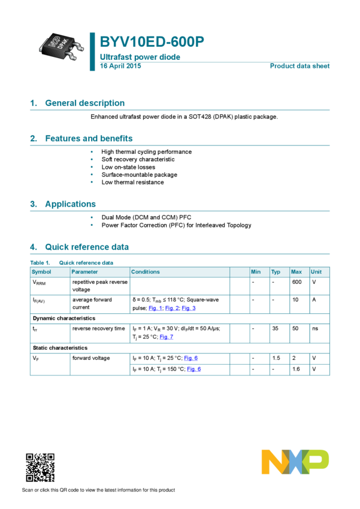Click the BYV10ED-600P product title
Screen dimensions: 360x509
tap(152, 42)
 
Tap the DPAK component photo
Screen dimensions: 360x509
tap(59, 47)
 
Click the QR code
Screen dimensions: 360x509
tap(40, 467)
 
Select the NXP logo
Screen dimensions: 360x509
tap(295, 462)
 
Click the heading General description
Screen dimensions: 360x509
tap(84, 103)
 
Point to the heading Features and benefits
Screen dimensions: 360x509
tap(89, 138)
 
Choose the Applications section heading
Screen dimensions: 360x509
tap(70, 204)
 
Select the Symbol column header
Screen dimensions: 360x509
tap(41, 272)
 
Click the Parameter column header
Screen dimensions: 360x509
tap(84, 272)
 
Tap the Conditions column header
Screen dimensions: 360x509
tap(146, 272)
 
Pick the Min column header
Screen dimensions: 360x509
tap(256, 272)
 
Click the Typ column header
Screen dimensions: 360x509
tap(276, 272)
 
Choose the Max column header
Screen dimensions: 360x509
tap(296, 272)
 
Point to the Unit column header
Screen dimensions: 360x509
tap(316, 272)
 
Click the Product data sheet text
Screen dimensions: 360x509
tap(300, 66)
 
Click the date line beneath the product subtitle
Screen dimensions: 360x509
tap(120, 66)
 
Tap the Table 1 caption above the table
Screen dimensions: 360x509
tap(72, 262)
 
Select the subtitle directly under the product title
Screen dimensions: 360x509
tap(140, 57)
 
